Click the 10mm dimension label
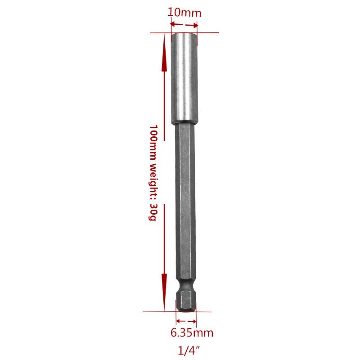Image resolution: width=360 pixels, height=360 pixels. coord(184,13)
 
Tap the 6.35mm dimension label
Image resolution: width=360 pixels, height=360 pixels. coord(192,333)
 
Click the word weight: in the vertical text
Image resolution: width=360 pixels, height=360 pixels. coord(153,182)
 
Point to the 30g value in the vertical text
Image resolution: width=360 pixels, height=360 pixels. coord(153,212)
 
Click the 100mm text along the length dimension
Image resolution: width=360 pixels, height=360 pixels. coord(153,142)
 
